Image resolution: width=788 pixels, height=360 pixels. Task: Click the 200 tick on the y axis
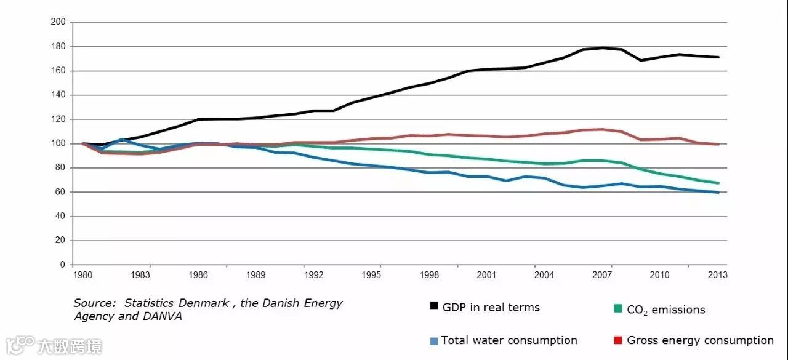coord(60,22)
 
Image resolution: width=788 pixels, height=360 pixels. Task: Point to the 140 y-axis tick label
coord(60,95)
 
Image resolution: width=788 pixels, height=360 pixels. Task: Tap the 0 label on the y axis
coord(63,265)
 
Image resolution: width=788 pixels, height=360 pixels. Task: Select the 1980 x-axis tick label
coord(82,275)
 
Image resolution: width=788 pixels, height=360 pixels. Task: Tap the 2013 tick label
coord(718,275)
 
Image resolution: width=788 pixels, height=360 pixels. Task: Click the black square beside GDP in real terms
coord(434,306)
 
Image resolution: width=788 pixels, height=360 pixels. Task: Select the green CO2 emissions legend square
coord(618,308)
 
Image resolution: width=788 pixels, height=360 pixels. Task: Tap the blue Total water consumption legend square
coord(434,341)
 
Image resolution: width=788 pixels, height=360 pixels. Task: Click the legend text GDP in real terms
coord(491,307)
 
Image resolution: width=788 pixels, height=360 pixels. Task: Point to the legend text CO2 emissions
coord(665,310)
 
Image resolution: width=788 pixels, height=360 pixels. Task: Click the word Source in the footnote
coord(94,303)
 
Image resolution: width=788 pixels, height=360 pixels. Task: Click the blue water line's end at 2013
coord(718,192)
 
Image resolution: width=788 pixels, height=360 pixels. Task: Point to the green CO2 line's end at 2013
coord(718,183)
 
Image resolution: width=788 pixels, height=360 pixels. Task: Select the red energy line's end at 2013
coord(718,144)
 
